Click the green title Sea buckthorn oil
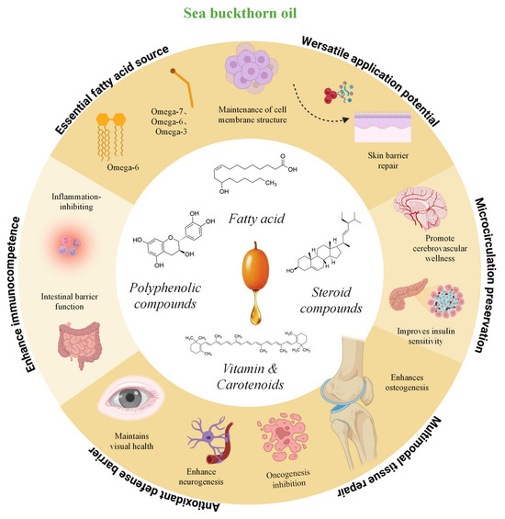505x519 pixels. coord(240,13)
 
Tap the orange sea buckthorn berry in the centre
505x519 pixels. coord(255,266)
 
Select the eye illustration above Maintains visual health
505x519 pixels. coord(131,397)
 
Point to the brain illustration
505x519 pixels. coord(421,208)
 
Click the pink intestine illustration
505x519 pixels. coord(80,344)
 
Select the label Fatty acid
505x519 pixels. coord(256,219)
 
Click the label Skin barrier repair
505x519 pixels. coord(388,161)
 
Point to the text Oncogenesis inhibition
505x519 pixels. coord(288,479)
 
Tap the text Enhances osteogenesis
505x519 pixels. coord(407,382)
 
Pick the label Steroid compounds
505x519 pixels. coord(331,299)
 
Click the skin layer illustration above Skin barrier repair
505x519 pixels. coord(383,127)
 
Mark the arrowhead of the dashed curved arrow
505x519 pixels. coord(346,119)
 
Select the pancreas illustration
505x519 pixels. coord(407,294)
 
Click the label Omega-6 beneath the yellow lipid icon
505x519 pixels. coord(123,167)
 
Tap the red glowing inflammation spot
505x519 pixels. coord(70,245)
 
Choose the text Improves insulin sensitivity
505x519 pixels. coord(426,336)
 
